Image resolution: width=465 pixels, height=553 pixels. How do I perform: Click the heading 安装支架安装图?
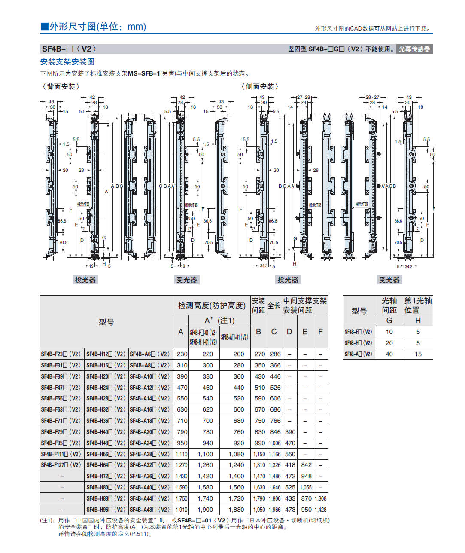pyautogui.click(x=67, y=62)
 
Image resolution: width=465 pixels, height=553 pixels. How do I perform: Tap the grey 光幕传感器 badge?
pyautogui.click(x=414, y=49)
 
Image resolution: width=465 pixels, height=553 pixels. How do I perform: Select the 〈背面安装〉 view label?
pyautogui.click(x=61, y=87)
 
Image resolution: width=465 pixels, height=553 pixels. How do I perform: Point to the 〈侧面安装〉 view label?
pyautogui.click(x=260, y=87)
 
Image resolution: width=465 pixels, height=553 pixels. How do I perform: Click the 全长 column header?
pyautogui.click(x=274, y=306)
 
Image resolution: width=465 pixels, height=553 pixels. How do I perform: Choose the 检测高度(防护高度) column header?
pyautogui.click(x=212, y=306)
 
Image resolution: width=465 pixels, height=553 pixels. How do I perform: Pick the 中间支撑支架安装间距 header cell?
pyautogui.click(x=305, y=306)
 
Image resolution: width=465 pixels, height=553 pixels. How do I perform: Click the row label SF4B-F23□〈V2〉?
pyautogui.click(x=61, y=354)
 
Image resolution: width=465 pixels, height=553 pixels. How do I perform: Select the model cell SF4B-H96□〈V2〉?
pyautogui.click(x=106, y=510)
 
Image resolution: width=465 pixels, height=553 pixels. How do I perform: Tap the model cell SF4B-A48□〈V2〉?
pyautogui.click(x=150, y=510)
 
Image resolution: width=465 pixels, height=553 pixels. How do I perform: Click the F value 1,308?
pyautogui.click(x=320, y=499)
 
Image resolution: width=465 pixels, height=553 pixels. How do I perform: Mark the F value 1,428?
pyautogui.click(x=320, y=510)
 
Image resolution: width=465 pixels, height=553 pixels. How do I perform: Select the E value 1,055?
pyautogui.click(x=306, y=488)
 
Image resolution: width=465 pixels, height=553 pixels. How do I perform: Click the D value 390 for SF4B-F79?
pyautogui.click(x=290, y=432)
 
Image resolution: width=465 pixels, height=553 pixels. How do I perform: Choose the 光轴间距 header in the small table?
pyautogui.click(x=389, y=306)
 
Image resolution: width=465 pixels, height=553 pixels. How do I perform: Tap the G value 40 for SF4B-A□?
pyautogui.click(x=389, y=354)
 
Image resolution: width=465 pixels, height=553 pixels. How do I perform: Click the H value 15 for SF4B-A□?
pyautogui.click(x=418, y=354)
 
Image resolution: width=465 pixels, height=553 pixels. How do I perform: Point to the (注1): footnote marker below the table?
pyautogui.click(x=47, y=521)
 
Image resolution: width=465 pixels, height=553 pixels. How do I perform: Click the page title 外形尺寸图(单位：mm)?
pyautogui.click(x=93, y=27)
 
